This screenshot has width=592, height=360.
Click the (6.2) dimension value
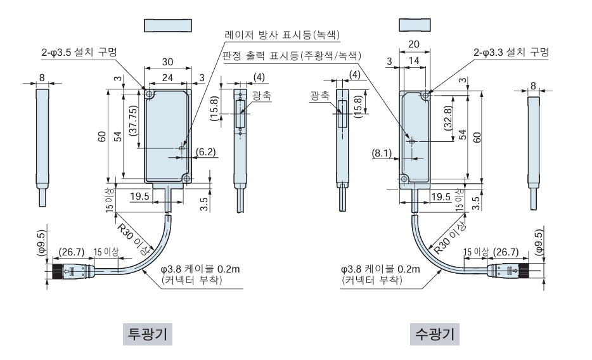point(206,152)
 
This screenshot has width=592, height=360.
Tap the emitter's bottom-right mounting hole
point(187,179)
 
